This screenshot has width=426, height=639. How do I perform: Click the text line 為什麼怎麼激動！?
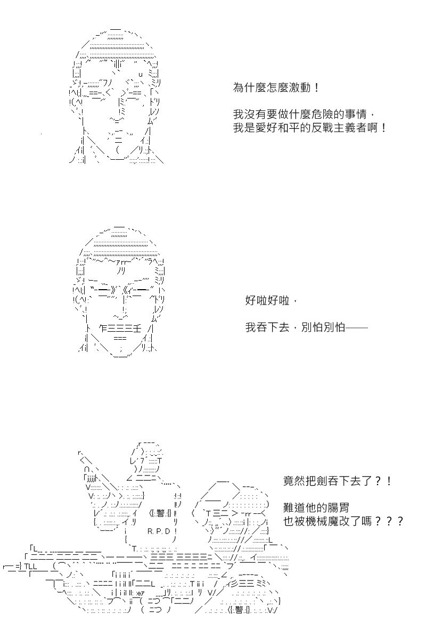pyautogui.click(x=276, y=87)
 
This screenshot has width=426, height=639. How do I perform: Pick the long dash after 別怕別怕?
pyautogui.click(x=356, y=328)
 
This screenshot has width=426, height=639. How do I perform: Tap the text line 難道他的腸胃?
pyautogui.click(x=316, y=507)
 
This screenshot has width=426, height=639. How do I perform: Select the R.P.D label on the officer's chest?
pyautogui.click(x=159, y=531)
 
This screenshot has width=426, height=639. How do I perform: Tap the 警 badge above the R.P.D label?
pyautogui.click(x=160, y=513)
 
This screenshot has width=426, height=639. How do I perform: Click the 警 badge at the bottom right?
pyautogui.click(x=239, y=610)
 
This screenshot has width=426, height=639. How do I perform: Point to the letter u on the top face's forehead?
pyautogui.click(x=140, y=75)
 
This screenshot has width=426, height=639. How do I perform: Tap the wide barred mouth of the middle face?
pyautogui.click(x=120, y=329)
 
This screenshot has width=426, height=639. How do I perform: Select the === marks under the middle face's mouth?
pyautogui.click(x=120, y=338)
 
